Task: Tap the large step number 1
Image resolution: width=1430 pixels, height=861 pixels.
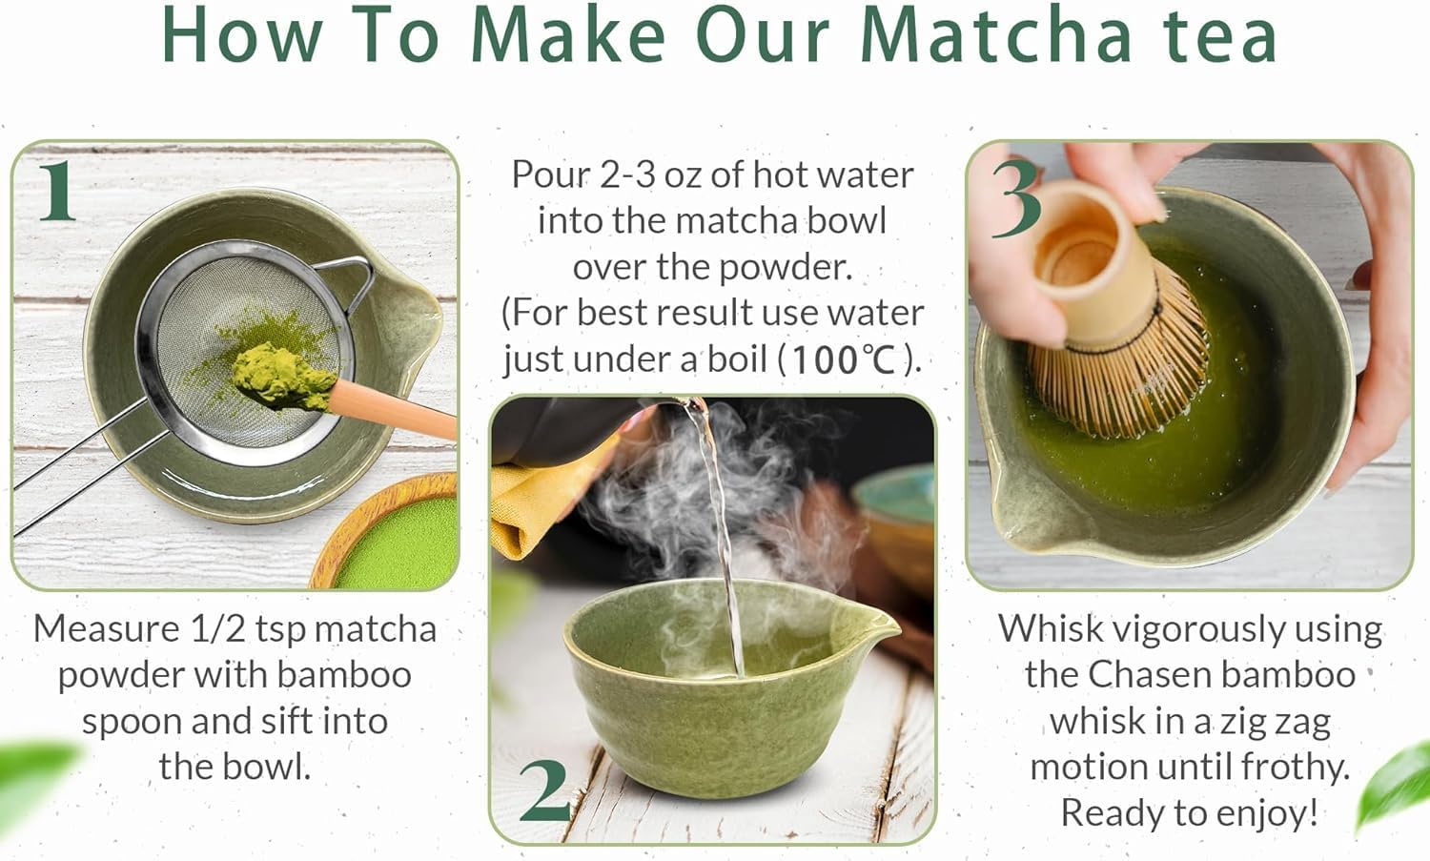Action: coord(57,191)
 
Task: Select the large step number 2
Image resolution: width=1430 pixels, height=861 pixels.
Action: coord(545,791)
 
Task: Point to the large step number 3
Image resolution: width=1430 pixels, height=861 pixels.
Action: coord(1015,198)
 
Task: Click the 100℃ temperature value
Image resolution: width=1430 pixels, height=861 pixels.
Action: coord(844,359)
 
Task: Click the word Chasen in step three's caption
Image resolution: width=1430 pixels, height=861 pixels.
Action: coord(1150,675)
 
